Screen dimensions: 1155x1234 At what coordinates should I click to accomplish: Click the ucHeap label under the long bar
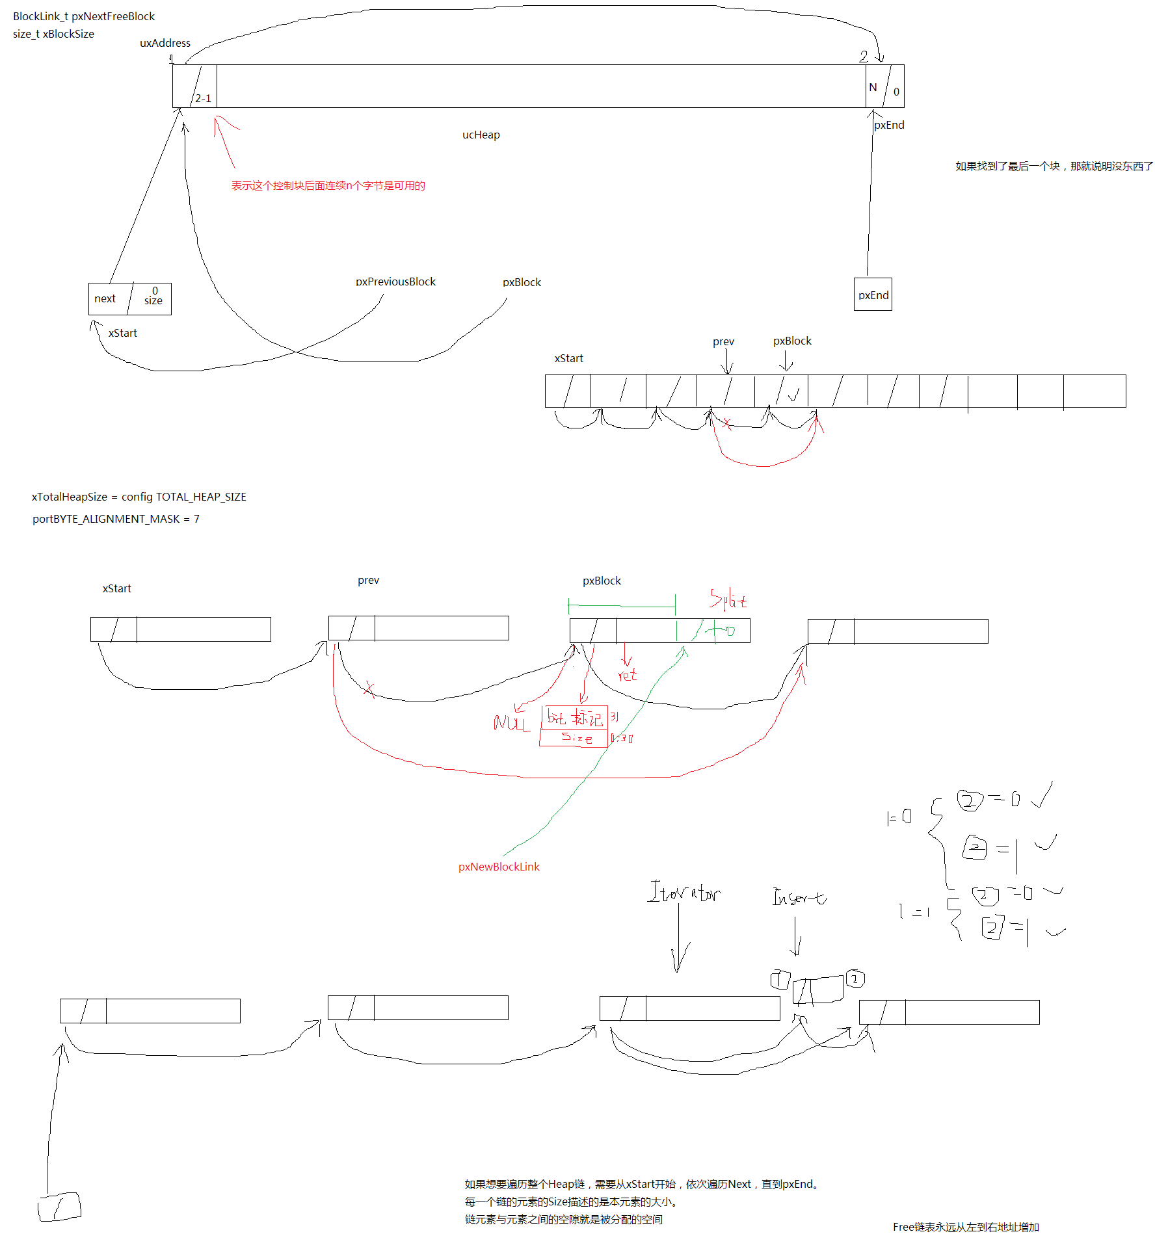point(481,135)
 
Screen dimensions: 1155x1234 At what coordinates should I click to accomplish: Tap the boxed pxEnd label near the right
point(873,295)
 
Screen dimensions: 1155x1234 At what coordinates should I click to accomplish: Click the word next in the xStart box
point(105,298)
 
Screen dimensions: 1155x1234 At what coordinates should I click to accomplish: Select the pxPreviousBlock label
point(395,282)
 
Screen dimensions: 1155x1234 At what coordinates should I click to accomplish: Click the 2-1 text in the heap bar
point(203,98)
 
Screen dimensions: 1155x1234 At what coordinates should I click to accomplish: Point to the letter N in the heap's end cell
point(873,87)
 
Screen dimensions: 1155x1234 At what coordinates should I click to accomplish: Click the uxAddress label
point(165,43)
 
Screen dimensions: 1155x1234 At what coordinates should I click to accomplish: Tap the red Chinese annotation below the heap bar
point(328,186)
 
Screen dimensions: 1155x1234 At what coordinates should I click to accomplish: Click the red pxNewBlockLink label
point(499,867)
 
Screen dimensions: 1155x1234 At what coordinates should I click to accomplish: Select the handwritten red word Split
point(728,599)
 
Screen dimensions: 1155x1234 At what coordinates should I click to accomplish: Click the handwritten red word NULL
point(512,723)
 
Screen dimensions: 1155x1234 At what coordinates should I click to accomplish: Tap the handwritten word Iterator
point(684,892)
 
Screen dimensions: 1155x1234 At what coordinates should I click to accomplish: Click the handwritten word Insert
point(799,897)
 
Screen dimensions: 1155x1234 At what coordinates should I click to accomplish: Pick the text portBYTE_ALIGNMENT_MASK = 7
point(116,519)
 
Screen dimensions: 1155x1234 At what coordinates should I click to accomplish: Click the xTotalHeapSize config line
point(139,497)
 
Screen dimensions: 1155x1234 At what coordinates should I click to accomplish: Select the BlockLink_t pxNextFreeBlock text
point(84,16)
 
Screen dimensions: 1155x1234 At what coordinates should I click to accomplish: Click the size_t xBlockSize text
point(53,34)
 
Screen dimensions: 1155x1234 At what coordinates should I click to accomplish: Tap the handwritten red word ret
point(627,676)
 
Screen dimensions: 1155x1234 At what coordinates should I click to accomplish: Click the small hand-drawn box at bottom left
point(59,1207)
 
